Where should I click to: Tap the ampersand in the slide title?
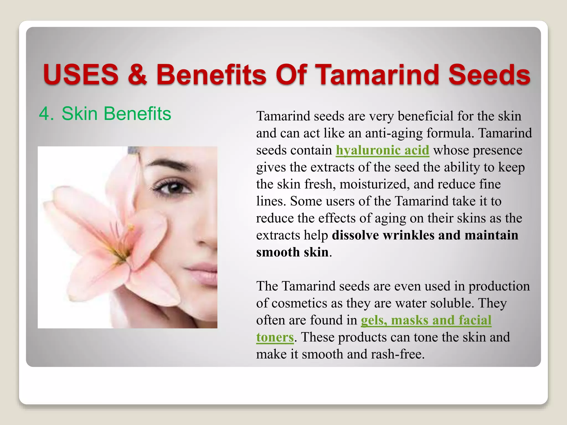tap(138, 74)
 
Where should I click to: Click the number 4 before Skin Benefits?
tap(44, 114)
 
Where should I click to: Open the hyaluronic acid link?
tap(382, 150)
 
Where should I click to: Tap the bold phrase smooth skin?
tap(292, 252)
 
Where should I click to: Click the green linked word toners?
tap(275, 337)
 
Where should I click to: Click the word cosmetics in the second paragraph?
tap(299, 303)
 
